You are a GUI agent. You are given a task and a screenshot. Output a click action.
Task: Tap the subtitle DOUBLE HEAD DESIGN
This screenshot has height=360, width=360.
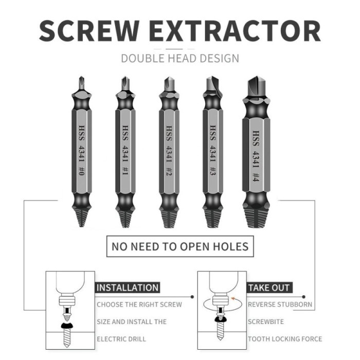coord(180,58)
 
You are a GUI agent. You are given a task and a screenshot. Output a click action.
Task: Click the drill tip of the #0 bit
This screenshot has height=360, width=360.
coord(81,82)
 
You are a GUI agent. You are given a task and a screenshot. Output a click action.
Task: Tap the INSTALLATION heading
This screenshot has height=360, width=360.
coord(128,287)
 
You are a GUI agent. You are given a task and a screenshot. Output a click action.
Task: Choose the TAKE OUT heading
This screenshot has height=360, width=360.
coord(269,287)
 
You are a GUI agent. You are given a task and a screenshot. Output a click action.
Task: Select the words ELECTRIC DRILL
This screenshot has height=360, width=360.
coord(121,339)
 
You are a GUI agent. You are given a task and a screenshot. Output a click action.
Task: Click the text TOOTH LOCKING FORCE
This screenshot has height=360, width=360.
coord(285,339)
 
